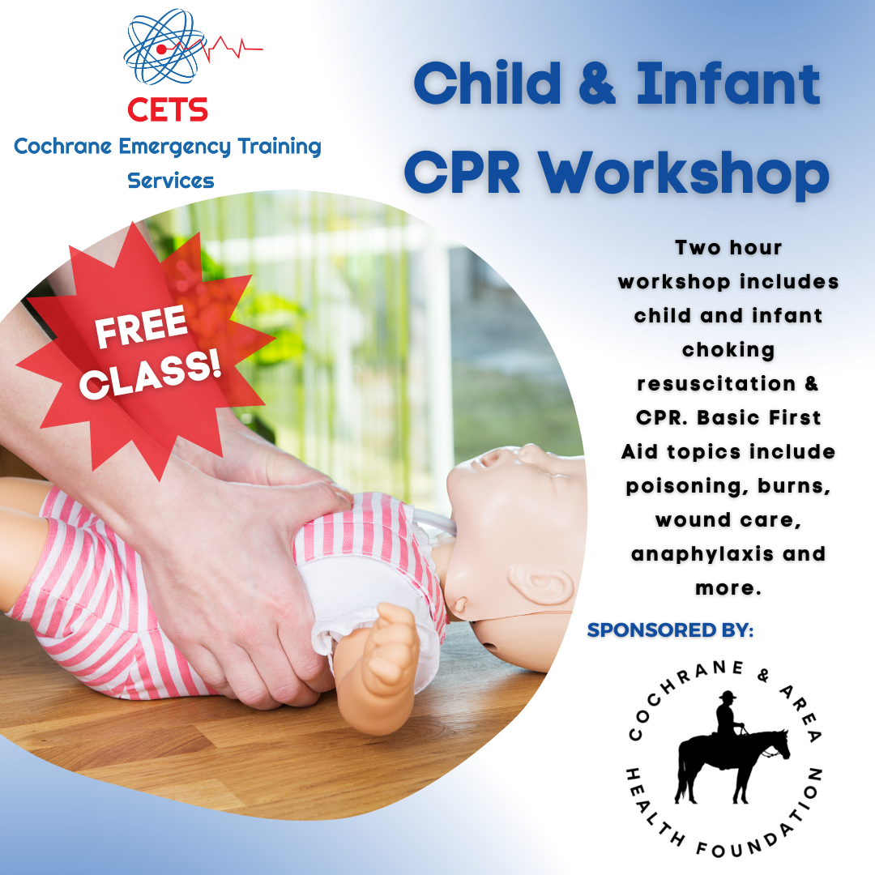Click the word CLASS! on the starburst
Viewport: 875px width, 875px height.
[x=151, y=373]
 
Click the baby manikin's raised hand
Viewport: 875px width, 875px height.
[x=387, y=648]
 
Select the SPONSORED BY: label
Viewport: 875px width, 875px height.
[x=670, y=630]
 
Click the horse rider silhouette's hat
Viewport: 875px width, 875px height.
[x=726, y=696]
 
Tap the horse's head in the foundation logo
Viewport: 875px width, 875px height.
[x=779, y=741]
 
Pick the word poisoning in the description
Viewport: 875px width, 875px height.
[x=669, y=485]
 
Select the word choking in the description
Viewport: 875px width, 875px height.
[x=728, y=349]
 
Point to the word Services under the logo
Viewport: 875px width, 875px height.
[x=171, y=181]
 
